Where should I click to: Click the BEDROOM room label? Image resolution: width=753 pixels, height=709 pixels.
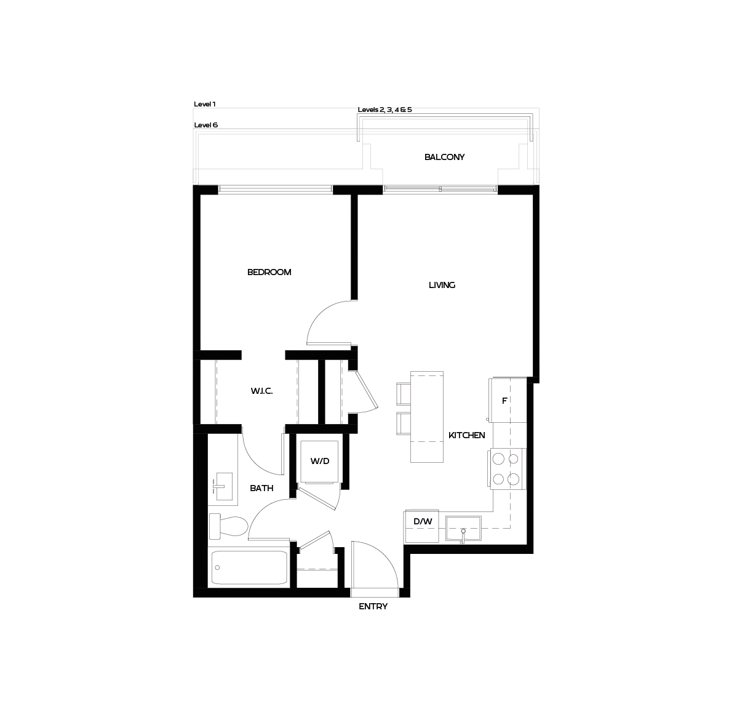tap(269, 272)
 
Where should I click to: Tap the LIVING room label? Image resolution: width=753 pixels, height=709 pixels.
tap(442, 285)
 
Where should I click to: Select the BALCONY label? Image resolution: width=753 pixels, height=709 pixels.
tap(444, 157)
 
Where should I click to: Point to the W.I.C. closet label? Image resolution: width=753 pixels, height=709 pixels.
tap(261, 391)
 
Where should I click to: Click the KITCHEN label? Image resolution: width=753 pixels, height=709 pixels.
tap(466, 435)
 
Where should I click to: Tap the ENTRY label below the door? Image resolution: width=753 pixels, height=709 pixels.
tap(373, 607)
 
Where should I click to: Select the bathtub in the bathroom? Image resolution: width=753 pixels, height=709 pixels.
tap(249, 567)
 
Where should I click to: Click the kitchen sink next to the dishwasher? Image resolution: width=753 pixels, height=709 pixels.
tap(463, 528)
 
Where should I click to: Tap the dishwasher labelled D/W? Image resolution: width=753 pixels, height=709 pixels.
tap(423, 522)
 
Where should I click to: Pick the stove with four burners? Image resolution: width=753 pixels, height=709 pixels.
tap(506, 469)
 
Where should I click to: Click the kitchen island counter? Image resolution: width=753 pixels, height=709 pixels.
tap(427, 417)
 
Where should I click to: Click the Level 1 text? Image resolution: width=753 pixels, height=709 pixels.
tap(205, 105)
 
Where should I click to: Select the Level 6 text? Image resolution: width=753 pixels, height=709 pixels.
tap(206, 125)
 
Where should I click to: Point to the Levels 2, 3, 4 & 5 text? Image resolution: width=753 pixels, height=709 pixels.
tap(384, 110)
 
